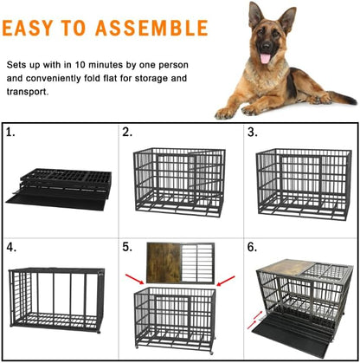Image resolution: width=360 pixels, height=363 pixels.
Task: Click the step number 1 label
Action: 10,133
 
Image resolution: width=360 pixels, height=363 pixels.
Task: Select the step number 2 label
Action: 127,133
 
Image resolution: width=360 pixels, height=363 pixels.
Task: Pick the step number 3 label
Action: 252,133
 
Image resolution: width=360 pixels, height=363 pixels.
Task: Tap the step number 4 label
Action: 10,247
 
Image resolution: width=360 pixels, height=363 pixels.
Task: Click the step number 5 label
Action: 127,247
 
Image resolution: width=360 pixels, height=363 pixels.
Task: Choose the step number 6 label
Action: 252,247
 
